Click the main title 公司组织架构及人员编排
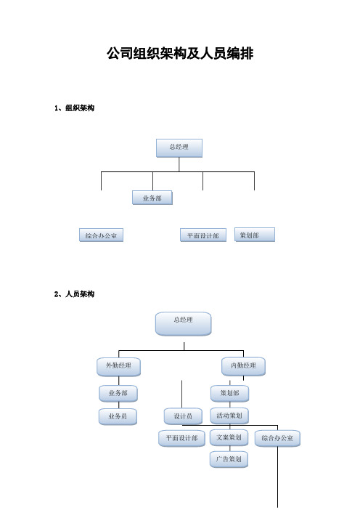coord(180,53)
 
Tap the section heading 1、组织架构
coord(75,108)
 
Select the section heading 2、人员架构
coord(75,294)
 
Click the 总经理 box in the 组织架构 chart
coord(179,148)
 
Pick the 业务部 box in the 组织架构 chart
coord(152,198)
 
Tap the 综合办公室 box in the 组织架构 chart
coord(101,235)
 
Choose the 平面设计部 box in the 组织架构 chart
coord(203,235)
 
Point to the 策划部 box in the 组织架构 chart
coord(255,235)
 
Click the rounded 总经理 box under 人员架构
coord(183,324)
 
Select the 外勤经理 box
coord(118,367)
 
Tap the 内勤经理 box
coord(243,367)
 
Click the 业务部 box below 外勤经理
coord(118,394)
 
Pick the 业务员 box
coord(118,417)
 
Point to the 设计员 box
coord(183,416)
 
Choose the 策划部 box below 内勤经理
coord(229,394)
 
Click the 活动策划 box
coord(229,416)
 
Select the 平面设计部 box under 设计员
coord(182,439)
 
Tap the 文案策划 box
coord(229,438)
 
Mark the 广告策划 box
coord(229,459)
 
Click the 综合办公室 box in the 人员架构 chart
coord(277,439)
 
